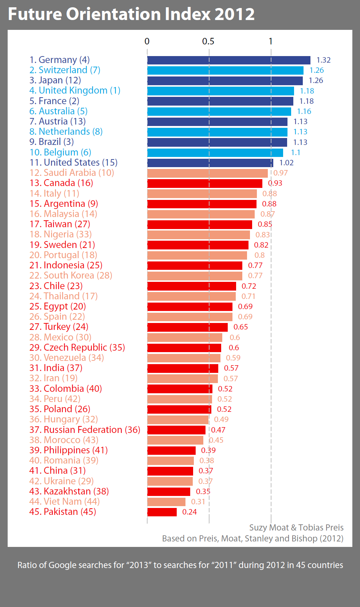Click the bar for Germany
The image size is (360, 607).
click(x=229, y=60)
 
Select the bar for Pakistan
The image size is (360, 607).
click(x=162, y=512)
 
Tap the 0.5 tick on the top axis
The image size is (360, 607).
click(x=208, y=42)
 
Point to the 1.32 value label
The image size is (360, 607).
click(x=324, y=60)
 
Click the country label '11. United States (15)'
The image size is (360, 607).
click(x=74, y=162)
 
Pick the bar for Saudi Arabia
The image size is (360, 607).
click(x=207, y=173)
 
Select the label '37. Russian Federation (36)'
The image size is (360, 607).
click(x=85, y=430)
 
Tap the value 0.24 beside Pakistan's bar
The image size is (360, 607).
click(x=189, y=512)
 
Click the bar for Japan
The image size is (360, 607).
click(x=225, y=80)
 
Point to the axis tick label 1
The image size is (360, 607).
click(x=270, y=42)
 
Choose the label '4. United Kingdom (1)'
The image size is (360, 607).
click(x=75, y=91)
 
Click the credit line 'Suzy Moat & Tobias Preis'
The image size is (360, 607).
click(x=296, y=528)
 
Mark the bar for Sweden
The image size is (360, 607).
click(x=198, y=245)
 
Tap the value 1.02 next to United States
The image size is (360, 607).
click(x=286, y=163)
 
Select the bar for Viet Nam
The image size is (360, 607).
click(x=167, y=502)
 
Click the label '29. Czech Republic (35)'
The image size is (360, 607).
click(x=77, y=347)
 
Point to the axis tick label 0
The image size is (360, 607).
click(x=147, y=42)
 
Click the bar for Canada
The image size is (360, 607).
click(x=205, y=183)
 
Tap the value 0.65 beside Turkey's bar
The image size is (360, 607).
click(x=241, y=327)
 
